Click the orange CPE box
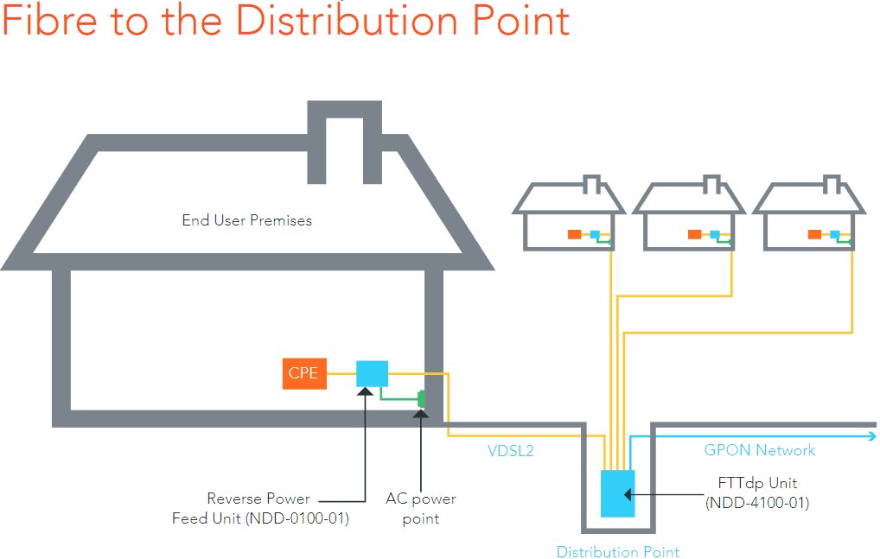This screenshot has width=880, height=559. pyautogui.click(x=303, y=373)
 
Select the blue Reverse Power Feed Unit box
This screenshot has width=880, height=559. pyautogui.click(x=372, y=373)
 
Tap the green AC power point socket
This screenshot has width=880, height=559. pyautogui.click(x=422, y=399)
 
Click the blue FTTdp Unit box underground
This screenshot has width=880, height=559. pyautogui.click(x=617, y=493)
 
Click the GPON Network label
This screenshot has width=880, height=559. pyautogui.click(x=760, y=450)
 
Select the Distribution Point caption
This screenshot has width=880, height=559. pyautogui.click(x=617, y=552)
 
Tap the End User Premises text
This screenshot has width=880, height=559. pyautogui.click(x=246, y=220)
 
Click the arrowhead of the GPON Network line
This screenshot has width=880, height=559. pyautogui.click(x=870, y=437)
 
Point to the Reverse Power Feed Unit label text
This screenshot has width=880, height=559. pyautogui.click(x=259, y=509)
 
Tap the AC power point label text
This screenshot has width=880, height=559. pyautogui.click(x=421, y=509)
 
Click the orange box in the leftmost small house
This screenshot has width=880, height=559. pyautogui.click(x=574, y=234)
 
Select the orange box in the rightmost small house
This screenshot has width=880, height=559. pyautogui.click(x=813, y=234)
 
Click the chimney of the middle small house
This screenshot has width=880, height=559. pyautogui.click(x=711, y=184)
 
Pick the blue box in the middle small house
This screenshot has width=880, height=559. pyautogui.click(x=715, y=234)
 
